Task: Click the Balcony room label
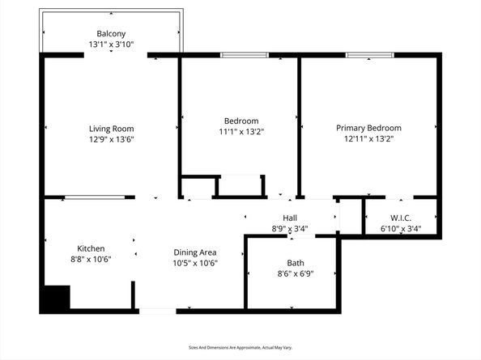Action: (112, 33)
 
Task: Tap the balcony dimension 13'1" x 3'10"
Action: (112, 44)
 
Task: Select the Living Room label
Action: (112, 129)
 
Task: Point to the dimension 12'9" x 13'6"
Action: (112, 139)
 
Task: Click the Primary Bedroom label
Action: (368, 128)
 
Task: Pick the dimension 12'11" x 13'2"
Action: (368, 138)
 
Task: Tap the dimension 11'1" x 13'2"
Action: (241, 131)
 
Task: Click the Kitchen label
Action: (91, 248)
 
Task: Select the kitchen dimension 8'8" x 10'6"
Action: (91, 259)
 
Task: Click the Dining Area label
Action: (195, 252)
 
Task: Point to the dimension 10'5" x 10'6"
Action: (195, 263)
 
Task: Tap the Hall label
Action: (290, 218)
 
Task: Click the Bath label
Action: (296, 263)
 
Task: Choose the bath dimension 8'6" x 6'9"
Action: (296, 273)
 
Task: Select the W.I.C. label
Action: (402, 218)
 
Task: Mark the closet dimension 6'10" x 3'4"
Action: (402, 229)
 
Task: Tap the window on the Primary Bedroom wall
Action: (370, 55)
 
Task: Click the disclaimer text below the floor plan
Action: (240, 347)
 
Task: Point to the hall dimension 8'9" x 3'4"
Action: (290, 229)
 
